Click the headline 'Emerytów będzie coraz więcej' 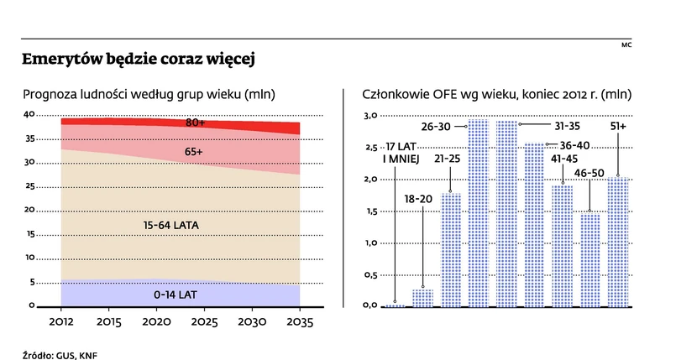(x=138, y=60)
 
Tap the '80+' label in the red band (x=196, y=123)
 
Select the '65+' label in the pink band (x=196, y=152)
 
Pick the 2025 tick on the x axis (x=204, y=322)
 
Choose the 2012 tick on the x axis (x=61, y=322)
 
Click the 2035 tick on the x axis (x=300, y=322)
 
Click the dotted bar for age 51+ (x=618, y=242)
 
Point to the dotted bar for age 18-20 (x=422, y=298)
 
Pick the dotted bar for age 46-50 (x=590, y=260)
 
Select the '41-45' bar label (x=563, y=158)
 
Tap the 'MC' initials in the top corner (x=626, y=45)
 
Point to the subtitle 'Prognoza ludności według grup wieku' (x=149, y=94)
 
